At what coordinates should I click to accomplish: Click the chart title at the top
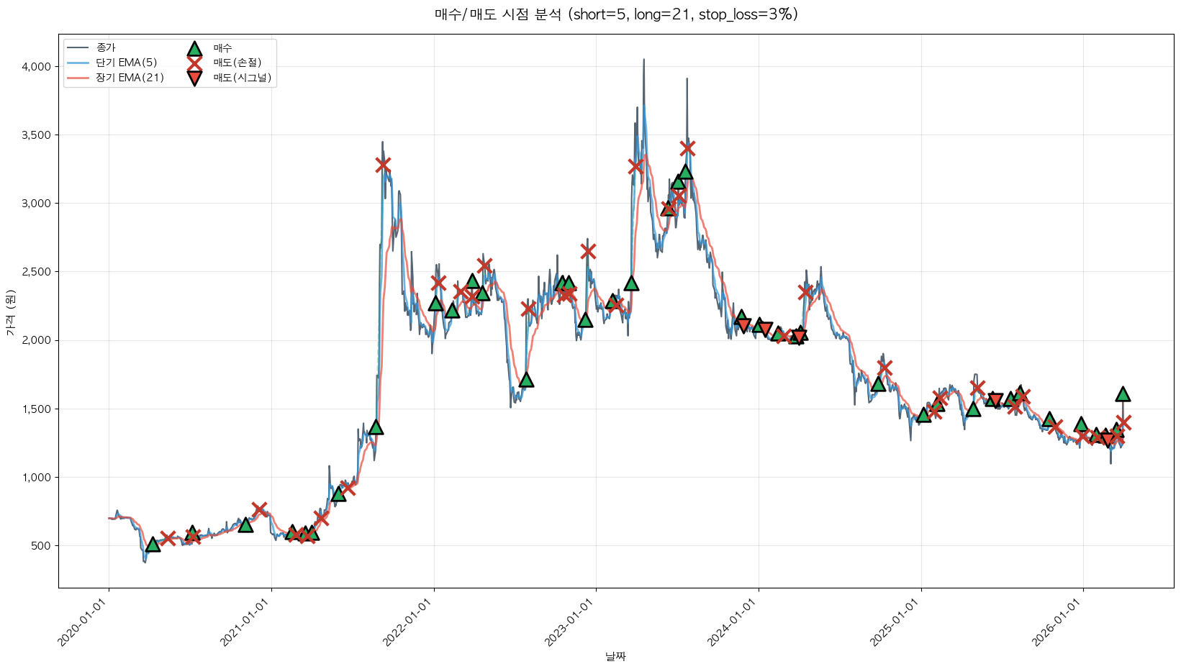(616, 14)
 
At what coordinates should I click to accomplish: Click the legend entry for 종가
(105, 47)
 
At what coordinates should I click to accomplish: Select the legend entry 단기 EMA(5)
(126, 63)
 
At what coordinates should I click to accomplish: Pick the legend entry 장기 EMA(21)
(130, 78)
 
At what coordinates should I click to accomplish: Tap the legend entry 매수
(222, 47)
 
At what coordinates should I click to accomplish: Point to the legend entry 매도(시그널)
(242, 78)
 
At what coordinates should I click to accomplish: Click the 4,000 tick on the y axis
(37, 67)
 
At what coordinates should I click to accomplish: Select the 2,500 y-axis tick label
(37, 272)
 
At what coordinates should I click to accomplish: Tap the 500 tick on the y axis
(42, 546)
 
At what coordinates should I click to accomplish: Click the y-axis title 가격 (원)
(10, 313)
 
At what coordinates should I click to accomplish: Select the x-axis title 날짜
(616, 656)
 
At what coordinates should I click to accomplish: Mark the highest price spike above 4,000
(643, 60)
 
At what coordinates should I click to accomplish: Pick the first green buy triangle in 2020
(153, 545)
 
